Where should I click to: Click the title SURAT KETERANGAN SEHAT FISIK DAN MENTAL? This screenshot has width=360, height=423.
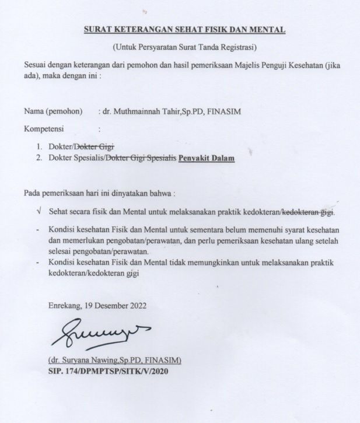click(184, 28)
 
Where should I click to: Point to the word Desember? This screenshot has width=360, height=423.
click(109, 305)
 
